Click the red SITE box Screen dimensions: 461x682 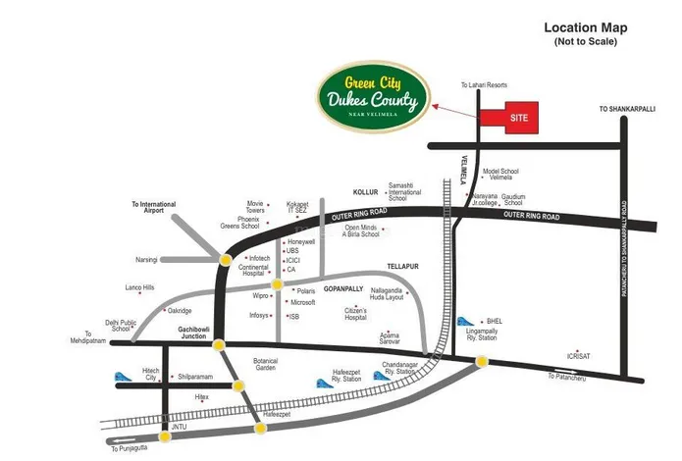[509, 117]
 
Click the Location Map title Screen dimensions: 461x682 [585, 27]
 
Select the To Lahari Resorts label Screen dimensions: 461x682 [484, 86]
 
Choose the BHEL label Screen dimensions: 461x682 [494, 321]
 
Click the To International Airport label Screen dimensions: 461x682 [154, 207]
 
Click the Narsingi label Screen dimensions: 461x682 [146, 260]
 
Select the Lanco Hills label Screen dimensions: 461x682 [139, 287]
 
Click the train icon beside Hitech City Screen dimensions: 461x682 [124, 376]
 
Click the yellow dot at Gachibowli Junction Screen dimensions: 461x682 [219, 344]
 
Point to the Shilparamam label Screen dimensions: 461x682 [195, 377]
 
